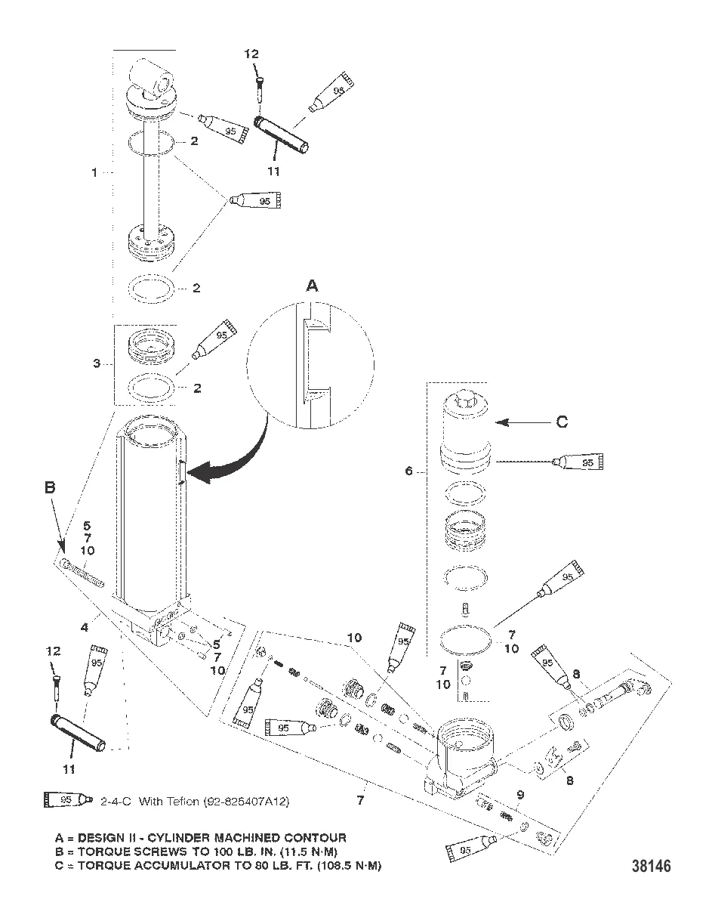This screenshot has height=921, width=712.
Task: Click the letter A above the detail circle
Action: click(x=312, y=286)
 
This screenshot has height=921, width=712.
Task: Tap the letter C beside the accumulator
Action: click(x=562, y=422)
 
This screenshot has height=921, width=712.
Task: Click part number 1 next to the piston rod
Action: click(x=94, y=172)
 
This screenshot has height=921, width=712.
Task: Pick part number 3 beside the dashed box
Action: click(x=96, y=363)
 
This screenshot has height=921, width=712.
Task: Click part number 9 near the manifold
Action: click(x=519, y=794)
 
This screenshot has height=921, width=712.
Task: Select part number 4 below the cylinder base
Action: click(x=85, y=626)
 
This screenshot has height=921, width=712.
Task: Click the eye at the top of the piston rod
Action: click(x=151, y=78)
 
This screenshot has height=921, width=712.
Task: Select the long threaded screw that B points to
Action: click(x=91, y=571)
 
